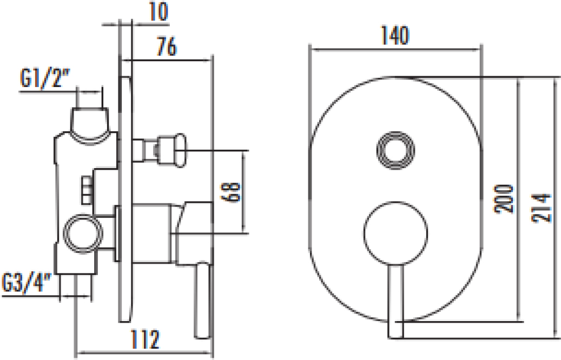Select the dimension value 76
click(x=167, y=46)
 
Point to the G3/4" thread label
click(x=27, y=282)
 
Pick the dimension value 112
click(x=146, y=339)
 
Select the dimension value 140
click(x=394, y=35)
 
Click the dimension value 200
click(x=504, y=199)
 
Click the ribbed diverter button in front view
click(x=395, y=150)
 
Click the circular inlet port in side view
click(x=83, y=234)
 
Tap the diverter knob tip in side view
click(x=180, y=150)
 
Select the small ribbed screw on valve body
click(x=87, y=191)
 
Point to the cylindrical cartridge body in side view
click(x=151, y=234)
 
